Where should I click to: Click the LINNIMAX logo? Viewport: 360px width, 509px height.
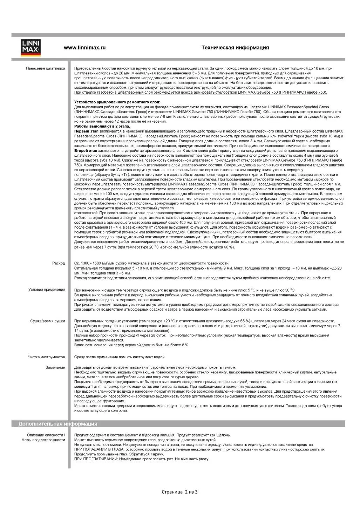[31, 48]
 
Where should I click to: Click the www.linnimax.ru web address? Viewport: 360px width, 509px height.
[84, 48]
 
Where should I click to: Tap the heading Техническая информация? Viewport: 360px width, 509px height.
[235, 48]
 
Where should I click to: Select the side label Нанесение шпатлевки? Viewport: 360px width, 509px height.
[45, 68]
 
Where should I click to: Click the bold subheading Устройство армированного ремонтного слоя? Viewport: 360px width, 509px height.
[117, 102]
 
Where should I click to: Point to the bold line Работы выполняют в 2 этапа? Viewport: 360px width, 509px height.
[102, 126]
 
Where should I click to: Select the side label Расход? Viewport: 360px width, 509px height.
[59, 263]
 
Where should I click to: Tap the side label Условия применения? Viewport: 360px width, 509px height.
[47, 290]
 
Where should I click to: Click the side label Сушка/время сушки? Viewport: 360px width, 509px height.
[47, 321]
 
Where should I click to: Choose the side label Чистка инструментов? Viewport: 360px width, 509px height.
[46, 357]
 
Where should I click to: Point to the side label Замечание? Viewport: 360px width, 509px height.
[55, 367]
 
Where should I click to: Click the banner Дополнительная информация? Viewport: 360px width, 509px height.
[58, 424]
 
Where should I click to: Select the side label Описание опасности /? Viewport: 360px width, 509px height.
[46, 435]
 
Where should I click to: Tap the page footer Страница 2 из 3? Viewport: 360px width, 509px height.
[179, 492]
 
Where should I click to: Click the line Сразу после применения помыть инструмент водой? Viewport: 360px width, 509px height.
[120, 357]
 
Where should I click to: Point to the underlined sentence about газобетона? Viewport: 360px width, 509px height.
[201, 92]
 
